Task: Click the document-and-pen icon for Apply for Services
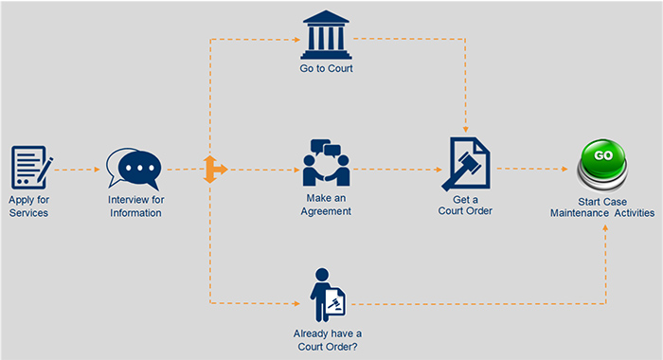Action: click(30, 168)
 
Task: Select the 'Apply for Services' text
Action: click(28, 206)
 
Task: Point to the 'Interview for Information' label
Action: click(134, 206)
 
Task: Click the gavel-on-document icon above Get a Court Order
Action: click(467, 165)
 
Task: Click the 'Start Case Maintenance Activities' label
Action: click(602, 207)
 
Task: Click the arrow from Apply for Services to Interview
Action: click(77, 171)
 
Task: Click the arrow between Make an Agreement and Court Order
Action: click(398, 171)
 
